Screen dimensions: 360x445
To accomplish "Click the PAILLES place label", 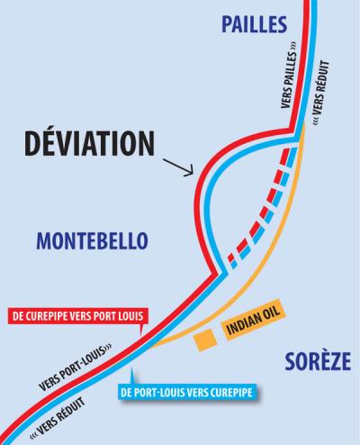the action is [x=255, y=24].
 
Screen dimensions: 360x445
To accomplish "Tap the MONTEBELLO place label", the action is [x=93, y=241].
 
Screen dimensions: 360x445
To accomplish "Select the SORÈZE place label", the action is [x=318, y=361].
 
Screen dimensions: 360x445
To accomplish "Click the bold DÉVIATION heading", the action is [x=89, y=142].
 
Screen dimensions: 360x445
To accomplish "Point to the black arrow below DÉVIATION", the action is [x=178, y=168].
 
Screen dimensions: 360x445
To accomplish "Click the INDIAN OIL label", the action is [x=254, y=320].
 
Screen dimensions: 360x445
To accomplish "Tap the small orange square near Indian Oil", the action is [x=205, y=340].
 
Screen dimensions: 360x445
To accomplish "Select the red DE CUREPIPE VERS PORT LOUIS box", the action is [x=78, y=316].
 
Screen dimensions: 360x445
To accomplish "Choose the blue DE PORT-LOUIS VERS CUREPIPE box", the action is [x=188, y=392].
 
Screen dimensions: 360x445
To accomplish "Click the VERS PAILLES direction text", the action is [x=289, y=76].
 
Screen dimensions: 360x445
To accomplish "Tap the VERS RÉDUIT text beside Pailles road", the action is [x=320, y=93].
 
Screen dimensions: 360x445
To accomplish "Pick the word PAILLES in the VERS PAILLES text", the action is [x=289, y=67].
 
